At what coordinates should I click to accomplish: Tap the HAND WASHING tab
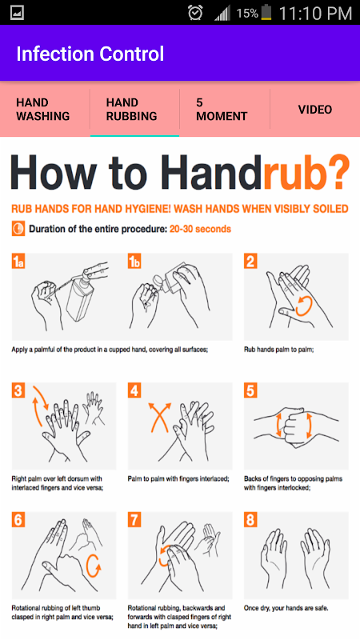pos(43,110)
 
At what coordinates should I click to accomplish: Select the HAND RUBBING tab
pos(131,110)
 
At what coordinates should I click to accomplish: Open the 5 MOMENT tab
pos(222,110)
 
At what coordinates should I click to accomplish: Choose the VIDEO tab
pos(314,110)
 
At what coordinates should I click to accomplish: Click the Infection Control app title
pos(90,54)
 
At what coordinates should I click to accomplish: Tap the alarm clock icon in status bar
pos(195,13)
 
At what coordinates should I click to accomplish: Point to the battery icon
pos(266,12)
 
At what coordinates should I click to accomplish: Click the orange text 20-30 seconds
pos(201,229)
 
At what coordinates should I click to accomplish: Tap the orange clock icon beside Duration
pos(18,229)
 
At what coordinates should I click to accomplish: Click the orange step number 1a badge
pos(18,262)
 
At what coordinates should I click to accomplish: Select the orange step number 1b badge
pos(134,262)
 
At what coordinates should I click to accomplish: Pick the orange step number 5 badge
pos(250,391)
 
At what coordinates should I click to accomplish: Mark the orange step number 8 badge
pos(250,521)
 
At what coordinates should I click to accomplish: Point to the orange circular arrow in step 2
pos(304,306)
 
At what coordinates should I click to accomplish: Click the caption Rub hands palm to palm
pos(278,350)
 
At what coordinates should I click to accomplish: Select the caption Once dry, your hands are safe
pos(286,608)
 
